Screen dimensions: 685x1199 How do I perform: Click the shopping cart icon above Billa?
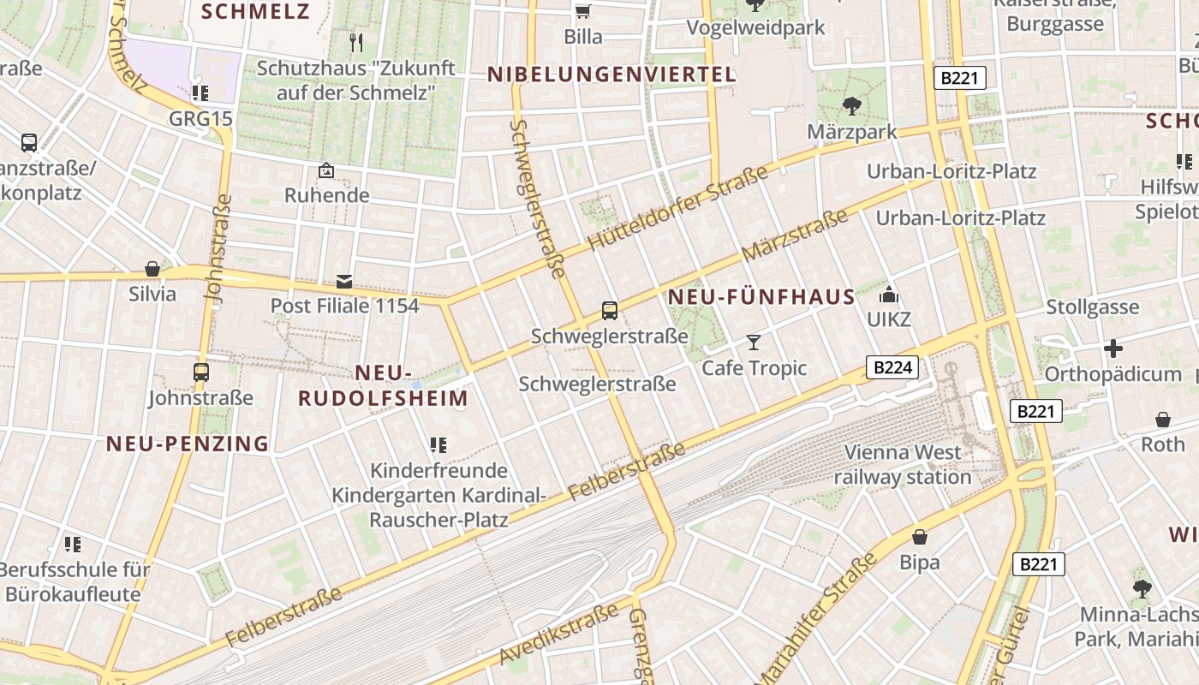(x=583, y=11)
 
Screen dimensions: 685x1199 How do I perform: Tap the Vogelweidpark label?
(x=755, y=27)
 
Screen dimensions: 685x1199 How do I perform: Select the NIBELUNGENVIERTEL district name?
(x=611, y=74)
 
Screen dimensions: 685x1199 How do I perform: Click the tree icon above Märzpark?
(x=851, y=106)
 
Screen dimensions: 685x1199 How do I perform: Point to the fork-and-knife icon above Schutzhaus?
(x=357, y=42)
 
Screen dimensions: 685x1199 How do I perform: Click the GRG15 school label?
(x=200, y=118)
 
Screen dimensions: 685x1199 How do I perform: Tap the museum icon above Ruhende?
(x=326, y=171)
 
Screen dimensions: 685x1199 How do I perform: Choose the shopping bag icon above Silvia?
(x=152, y=270)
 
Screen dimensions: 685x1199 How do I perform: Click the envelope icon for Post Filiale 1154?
(x=344, y=281)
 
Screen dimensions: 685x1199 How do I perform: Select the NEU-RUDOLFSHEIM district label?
(x=383, y=385)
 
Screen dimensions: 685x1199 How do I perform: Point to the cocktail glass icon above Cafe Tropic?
(x=754, y=342)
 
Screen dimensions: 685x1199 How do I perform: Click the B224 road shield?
(x=892, y=368)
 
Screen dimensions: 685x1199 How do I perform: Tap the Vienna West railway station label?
(x=903, y=464)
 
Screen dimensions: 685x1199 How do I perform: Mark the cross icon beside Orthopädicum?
(x=1113, y=348)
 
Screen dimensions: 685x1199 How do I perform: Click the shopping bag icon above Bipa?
(x=920, y=537)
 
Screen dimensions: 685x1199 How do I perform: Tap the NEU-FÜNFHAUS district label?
(x=761, y=297)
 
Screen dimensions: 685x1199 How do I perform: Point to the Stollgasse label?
(x=1093, y=307)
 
